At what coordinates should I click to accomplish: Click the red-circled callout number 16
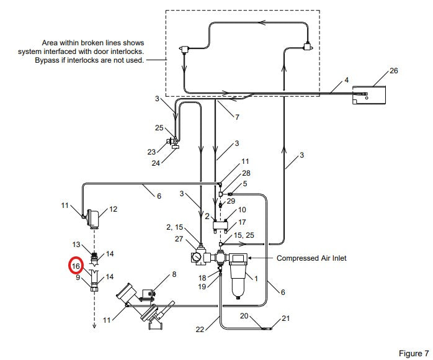tap(76, 266)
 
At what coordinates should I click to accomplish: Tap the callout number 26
tap(394, 71)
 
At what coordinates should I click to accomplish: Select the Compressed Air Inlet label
tap(311, 258)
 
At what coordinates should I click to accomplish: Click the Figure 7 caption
tap(414, 353)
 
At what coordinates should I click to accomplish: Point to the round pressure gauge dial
tap(197, 257)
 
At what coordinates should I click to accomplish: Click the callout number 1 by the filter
tap(256, 279)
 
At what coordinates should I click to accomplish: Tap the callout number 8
tap(174, 274)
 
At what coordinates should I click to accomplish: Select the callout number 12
tap(114, 209)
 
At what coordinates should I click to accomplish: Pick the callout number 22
tap(200, 330)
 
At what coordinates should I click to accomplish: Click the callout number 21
tap(285, 318)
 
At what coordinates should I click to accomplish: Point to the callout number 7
tap(237, 117)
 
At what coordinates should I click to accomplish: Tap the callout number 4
tap(347, 80)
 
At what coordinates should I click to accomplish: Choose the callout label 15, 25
tap(244, 235)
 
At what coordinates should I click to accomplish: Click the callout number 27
tap(179, 239)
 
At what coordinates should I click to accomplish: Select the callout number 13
tap(76, 245)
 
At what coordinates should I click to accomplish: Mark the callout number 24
tap(156, 163)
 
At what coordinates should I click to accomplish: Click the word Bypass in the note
tap(45, 60)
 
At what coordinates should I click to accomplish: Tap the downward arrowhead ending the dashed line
tap(94, 325)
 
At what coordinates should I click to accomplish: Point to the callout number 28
tap(246, 173)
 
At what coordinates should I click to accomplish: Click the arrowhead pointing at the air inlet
tap(250, 258)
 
